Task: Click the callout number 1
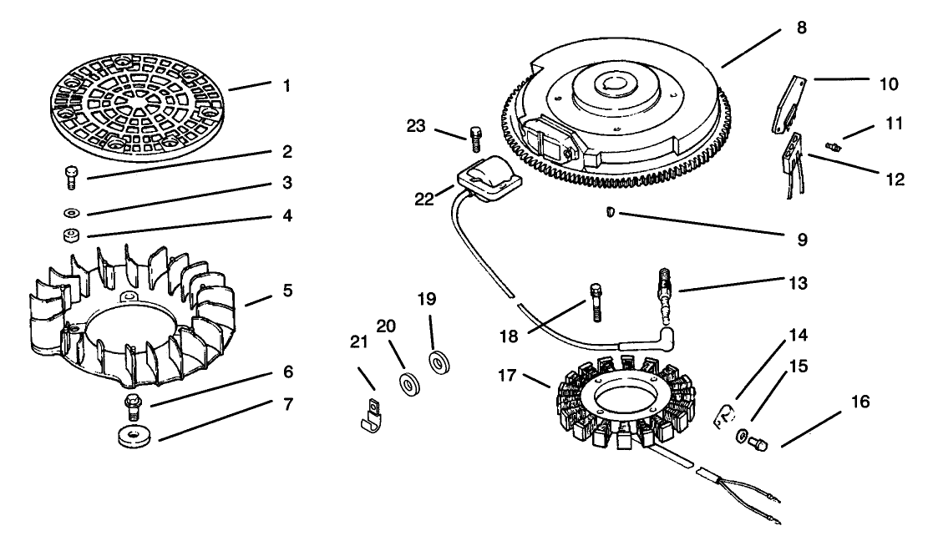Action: coord(286,86)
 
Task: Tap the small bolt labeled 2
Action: coord(70,177)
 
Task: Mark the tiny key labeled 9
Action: coord(611,214)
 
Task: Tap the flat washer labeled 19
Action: coord(436,363)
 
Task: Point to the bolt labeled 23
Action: coord(475,137)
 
